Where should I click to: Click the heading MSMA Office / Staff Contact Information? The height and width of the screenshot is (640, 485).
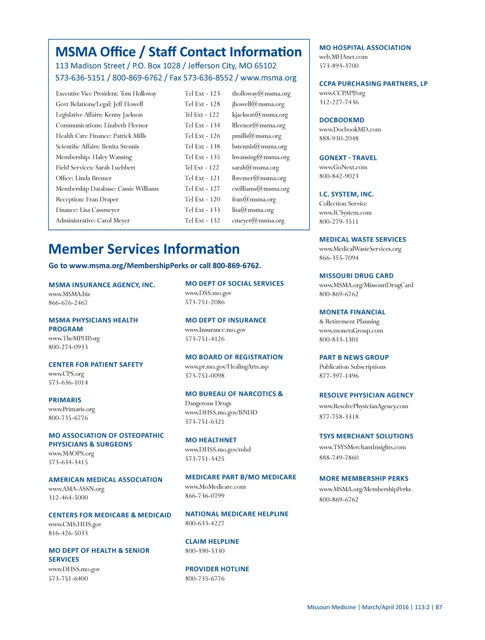point(179,52)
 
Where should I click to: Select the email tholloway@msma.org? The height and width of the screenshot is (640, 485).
point(261,94)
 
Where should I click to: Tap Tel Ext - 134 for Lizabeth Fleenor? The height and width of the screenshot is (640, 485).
point(202,125)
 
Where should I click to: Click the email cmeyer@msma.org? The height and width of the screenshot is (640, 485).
point(258,220)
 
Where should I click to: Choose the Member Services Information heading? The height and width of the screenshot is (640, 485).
point(144,249)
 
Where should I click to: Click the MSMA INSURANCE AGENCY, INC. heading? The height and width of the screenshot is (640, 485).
point(102,285)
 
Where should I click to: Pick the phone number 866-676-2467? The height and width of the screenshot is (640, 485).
point(68,303)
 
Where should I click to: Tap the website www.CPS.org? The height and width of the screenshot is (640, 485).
point(66,374)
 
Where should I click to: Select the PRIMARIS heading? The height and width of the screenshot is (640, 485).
point(65,400)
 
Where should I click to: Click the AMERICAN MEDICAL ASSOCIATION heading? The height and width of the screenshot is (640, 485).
point(105,480)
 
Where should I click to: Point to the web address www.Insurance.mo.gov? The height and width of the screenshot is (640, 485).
point(216,330)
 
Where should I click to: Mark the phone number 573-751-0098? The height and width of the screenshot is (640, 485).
point(205,375)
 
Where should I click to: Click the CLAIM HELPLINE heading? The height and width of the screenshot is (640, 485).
point(212,541)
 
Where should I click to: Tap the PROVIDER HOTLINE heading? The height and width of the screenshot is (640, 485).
point(217,569)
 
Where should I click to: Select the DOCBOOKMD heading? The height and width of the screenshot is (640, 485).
point(341,120)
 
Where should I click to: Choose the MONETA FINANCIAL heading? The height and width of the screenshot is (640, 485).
point(352,312)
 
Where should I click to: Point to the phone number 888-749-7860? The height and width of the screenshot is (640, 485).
point(339,458)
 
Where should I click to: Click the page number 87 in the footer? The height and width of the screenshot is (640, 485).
point(439,607)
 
